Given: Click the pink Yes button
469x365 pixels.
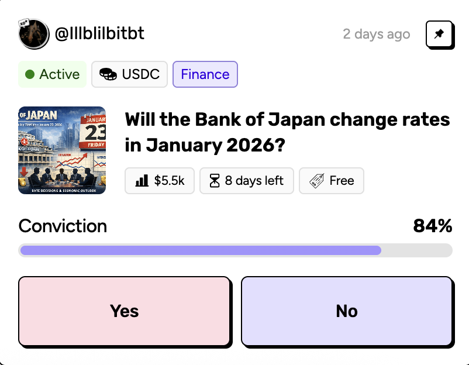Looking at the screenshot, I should coord(124,310).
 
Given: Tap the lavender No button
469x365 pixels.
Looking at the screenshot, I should coord(346,310).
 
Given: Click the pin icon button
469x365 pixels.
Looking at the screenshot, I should coord(439,35).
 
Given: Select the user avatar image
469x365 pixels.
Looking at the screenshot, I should coord(33,34).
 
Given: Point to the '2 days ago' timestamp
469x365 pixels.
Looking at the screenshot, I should coord(376,34).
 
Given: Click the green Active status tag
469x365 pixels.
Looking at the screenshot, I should coord(52,74).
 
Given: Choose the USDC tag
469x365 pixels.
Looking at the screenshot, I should coord(129,74).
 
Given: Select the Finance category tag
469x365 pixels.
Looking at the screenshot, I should coord(205,74).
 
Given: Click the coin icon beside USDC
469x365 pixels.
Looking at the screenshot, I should coord(108,75).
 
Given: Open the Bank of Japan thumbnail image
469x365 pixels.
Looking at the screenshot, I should coord(62,150).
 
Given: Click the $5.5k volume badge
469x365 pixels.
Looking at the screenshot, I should coord(160,181).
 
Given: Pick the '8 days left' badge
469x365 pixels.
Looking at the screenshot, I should coord(247,181).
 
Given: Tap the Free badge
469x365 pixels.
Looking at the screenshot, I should coord(332,181).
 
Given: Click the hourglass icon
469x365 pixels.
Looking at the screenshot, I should coord(215,181).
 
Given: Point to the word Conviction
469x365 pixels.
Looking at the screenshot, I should coord(63,226).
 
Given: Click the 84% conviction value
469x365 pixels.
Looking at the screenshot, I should coord(432,226).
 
